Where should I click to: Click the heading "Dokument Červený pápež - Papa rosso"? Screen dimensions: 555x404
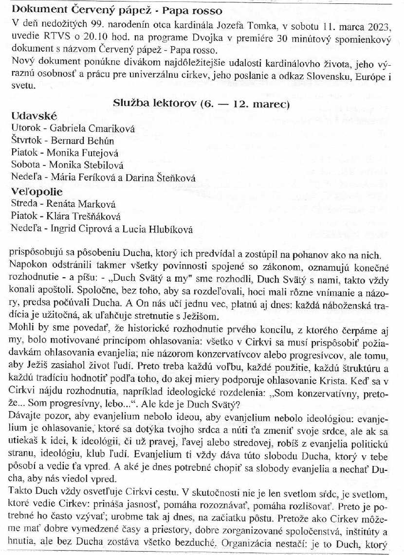click(x=110, y=10)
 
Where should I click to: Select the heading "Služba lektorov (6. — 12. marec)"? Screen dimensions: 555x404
click(x=202, y=104)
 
